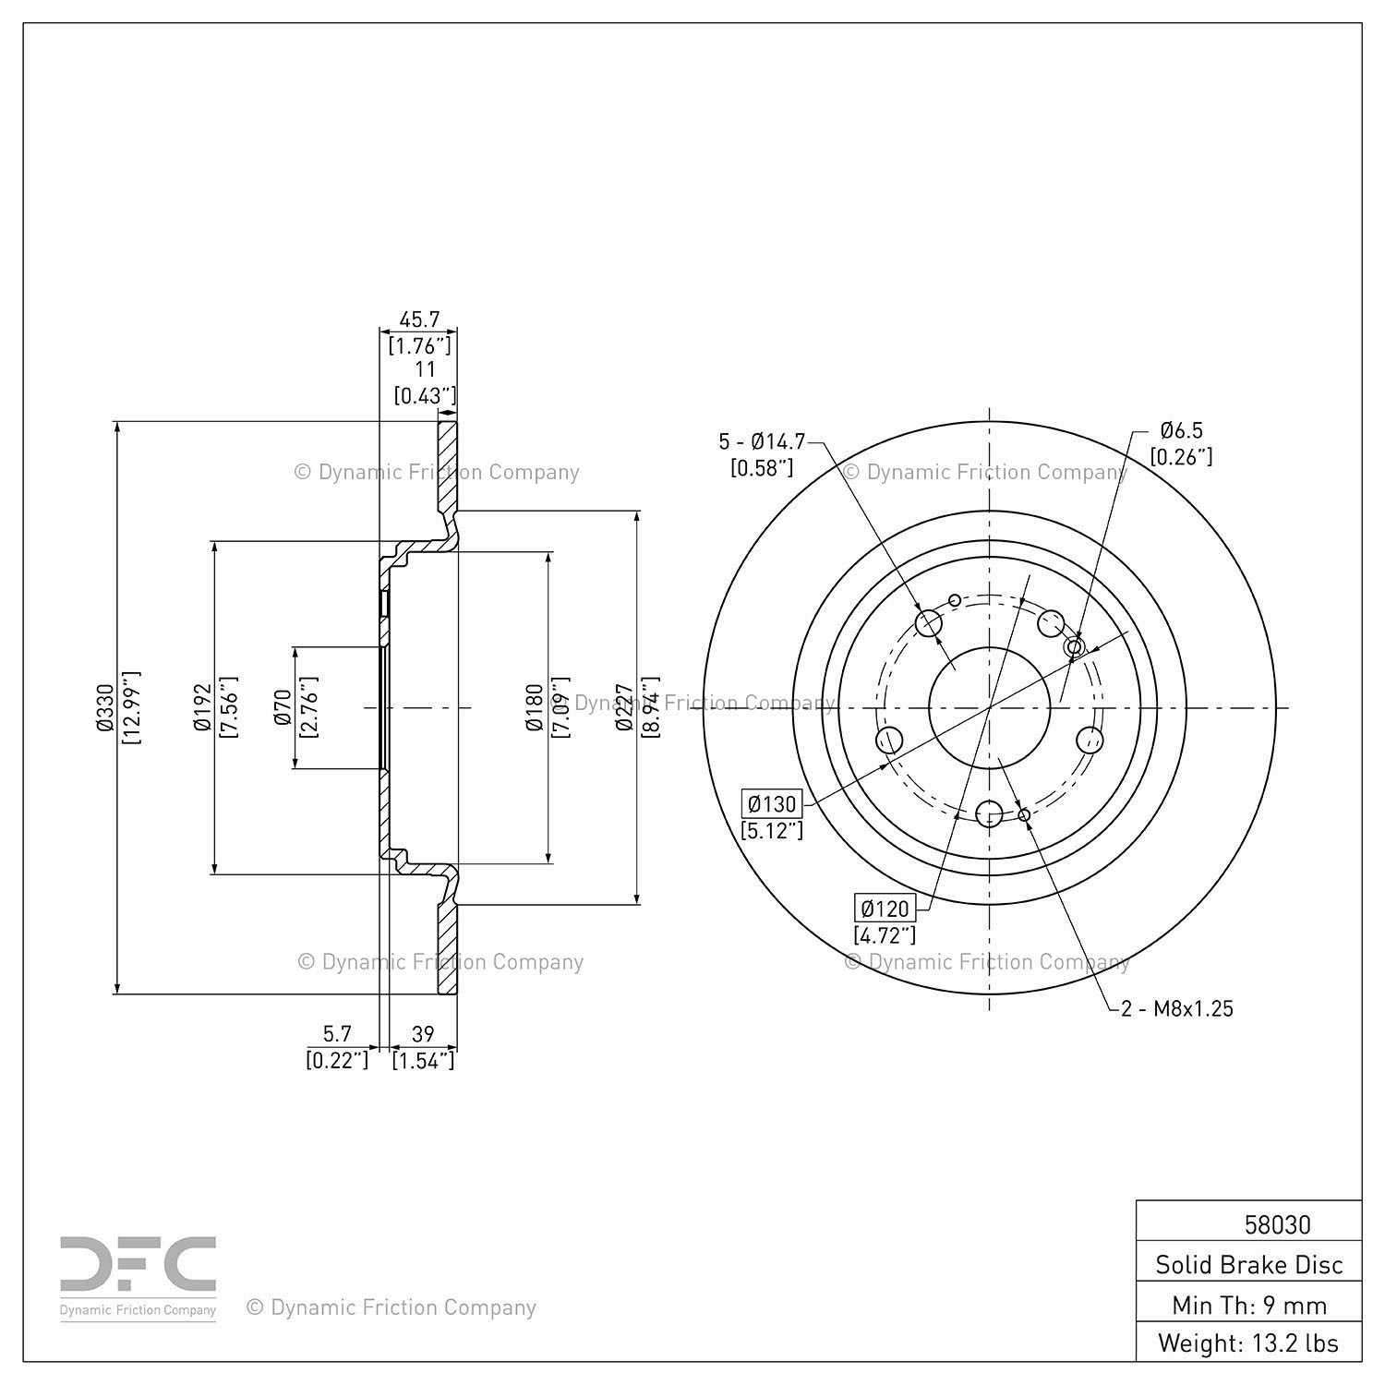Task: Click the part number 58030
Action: tap(1277, 1224)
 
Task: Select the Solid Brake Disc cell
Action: tap(1248, 1264)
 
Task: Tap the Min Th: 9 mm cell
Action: tap(1248, 1305)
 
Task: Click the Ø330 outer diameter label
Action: tap(104, 707)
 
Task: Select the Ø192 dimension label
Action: tap(203, 707)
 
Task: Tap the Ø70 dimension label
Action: tap(283, 707)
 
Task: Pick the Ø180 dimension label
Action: tap(535, 707)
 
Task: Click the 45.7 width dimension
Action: tap(419, 319)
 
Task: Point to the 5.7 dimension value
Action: tap(337, 1034)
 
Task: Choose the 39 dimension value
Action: tap(423, 1034)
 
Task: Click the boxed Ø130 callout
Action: tap(771, 803)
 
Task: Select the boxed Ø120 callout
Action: tap(885, 908)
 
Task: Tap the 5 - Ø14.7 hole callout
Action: tap(762, 441)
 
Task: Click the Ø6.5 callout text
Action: tap(1181, 430)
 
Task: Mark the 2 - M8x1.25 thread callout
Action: tap(1177, 1008)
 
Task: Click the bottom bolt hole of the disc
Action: tap(989, 813)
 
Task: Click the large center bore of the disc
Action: tap(989, 707)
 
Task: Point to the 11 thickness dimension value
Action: tap(425, 369)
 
